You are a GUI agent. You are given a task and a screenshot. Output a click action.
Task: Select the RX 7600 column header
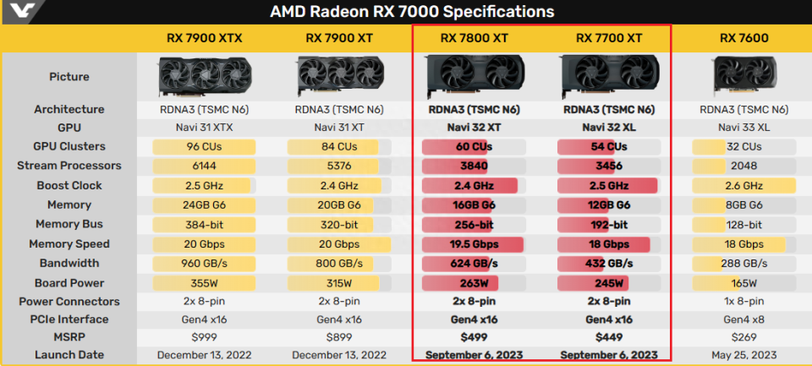[744, 37]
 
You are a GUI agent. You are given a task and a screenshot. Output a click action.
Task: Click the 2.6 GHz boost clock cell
[744, 185]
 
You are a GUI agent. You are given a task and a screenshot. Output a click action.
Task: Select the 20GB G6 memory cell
[338, 205]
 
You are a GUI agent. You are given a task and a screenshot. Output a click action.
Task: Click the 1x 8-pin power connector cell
[744, 302]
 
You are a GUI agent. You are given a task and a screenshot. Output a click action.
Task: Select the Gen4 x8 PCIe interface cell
[744, 320]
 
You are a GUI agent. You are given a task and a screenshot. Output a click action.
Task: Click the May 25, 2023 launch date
[744, 355]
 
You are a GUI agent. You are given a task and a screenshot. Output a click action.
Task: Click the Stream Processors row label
[69, 166]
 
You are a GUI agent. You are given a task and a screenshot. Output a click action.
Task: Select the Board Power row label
[69, 283]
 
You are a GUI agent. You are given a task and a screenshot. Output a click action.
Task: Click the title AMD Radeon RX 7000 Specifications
[412, 11]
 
